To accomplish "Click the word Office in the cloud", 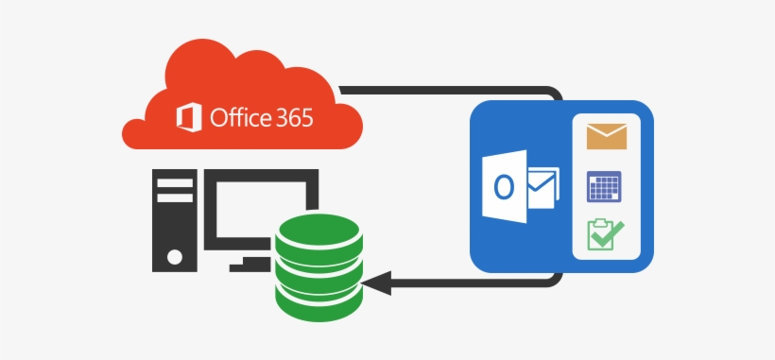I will (x=240, y=119).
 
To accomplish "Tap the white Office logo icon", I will (x=189, y=118).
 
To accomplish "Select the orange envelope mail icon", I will (x=607, y=136).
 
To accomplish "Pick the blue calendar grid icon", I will (x=603, y=186).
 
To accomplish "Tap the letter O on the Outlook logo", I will (x=504, y=187).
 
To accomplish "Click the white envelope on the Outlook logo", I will (x=541, y=187).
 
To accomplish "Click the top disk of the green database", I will (x=318, y=231).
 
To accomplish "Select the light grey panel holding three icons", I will (x=606, y=186).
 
